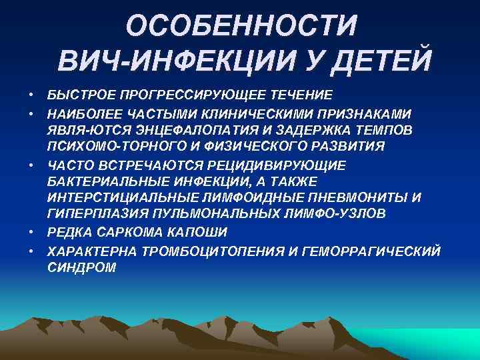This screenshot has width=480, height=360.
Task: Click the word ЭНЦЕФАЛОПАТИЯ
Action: coord(172,129)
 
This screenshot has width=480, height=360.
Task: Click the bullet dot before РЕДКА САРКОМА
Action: coord(31,232)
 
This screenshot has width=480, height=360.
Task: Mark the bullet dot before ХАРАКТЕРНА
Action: coord(31,250)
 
